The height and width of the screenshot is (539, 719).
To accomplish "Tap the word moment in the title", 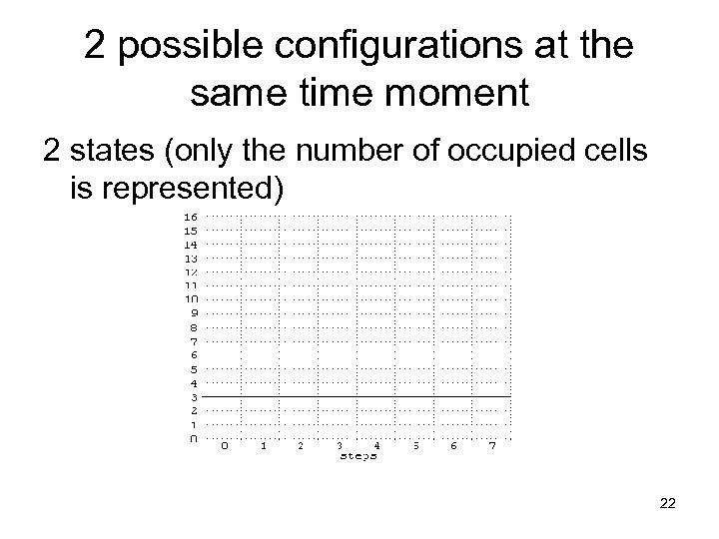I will click(466, 95).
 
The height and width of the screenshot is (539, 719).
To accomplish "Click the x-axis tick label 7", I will click(492, 446).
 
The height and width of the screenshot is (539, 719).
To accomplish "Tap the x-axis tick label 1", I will click(264, 446).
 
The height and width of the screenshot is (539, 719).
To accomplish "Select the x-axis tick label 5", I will click(415, 446).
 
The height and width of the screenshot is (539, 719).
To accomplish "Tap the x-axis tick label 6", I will click(454, 446).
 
